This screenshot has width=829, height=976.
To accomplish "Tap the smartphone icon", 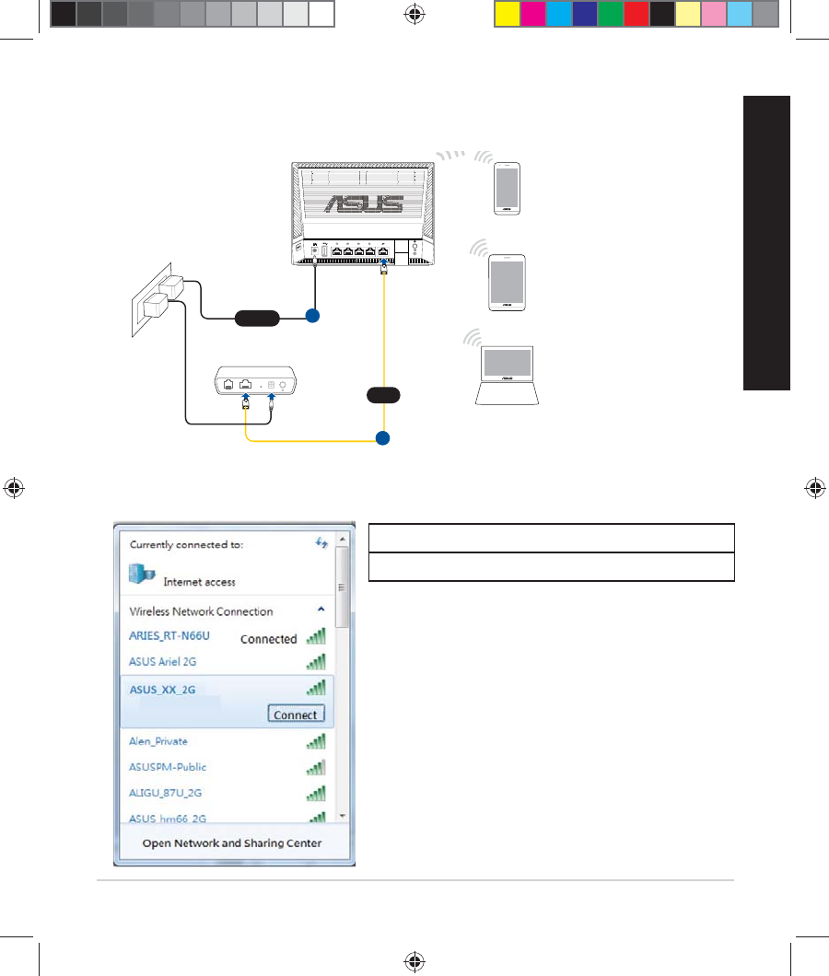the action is coord(507,189).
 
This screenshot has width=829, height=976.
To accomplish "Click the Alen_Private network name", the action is coord(158,741).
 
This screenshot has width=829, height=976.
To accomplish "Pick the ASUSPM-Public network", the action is coord(168,767).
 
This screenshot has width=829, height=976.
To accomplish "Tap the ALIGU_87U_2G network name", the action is coord(167,793).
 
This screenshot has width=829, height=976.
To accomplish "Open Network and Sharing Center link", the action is coord(231,842).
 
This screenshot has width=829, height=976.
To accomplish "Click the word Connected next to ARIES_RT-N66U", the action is coord(269,638).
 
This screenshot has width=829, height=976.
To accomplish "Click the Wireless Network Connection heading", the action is coord(201,611).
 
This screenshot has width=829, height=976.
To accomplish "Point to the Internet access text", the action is coord(199,582).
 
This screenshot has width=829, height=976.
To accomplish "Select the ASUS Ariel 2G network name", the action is coord(163,662).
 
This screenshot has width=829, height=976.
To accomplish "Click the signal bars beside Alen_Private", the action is coord(315,741).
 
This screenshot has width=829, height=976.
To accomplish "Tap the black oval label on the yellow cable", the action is coord(382,396).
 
